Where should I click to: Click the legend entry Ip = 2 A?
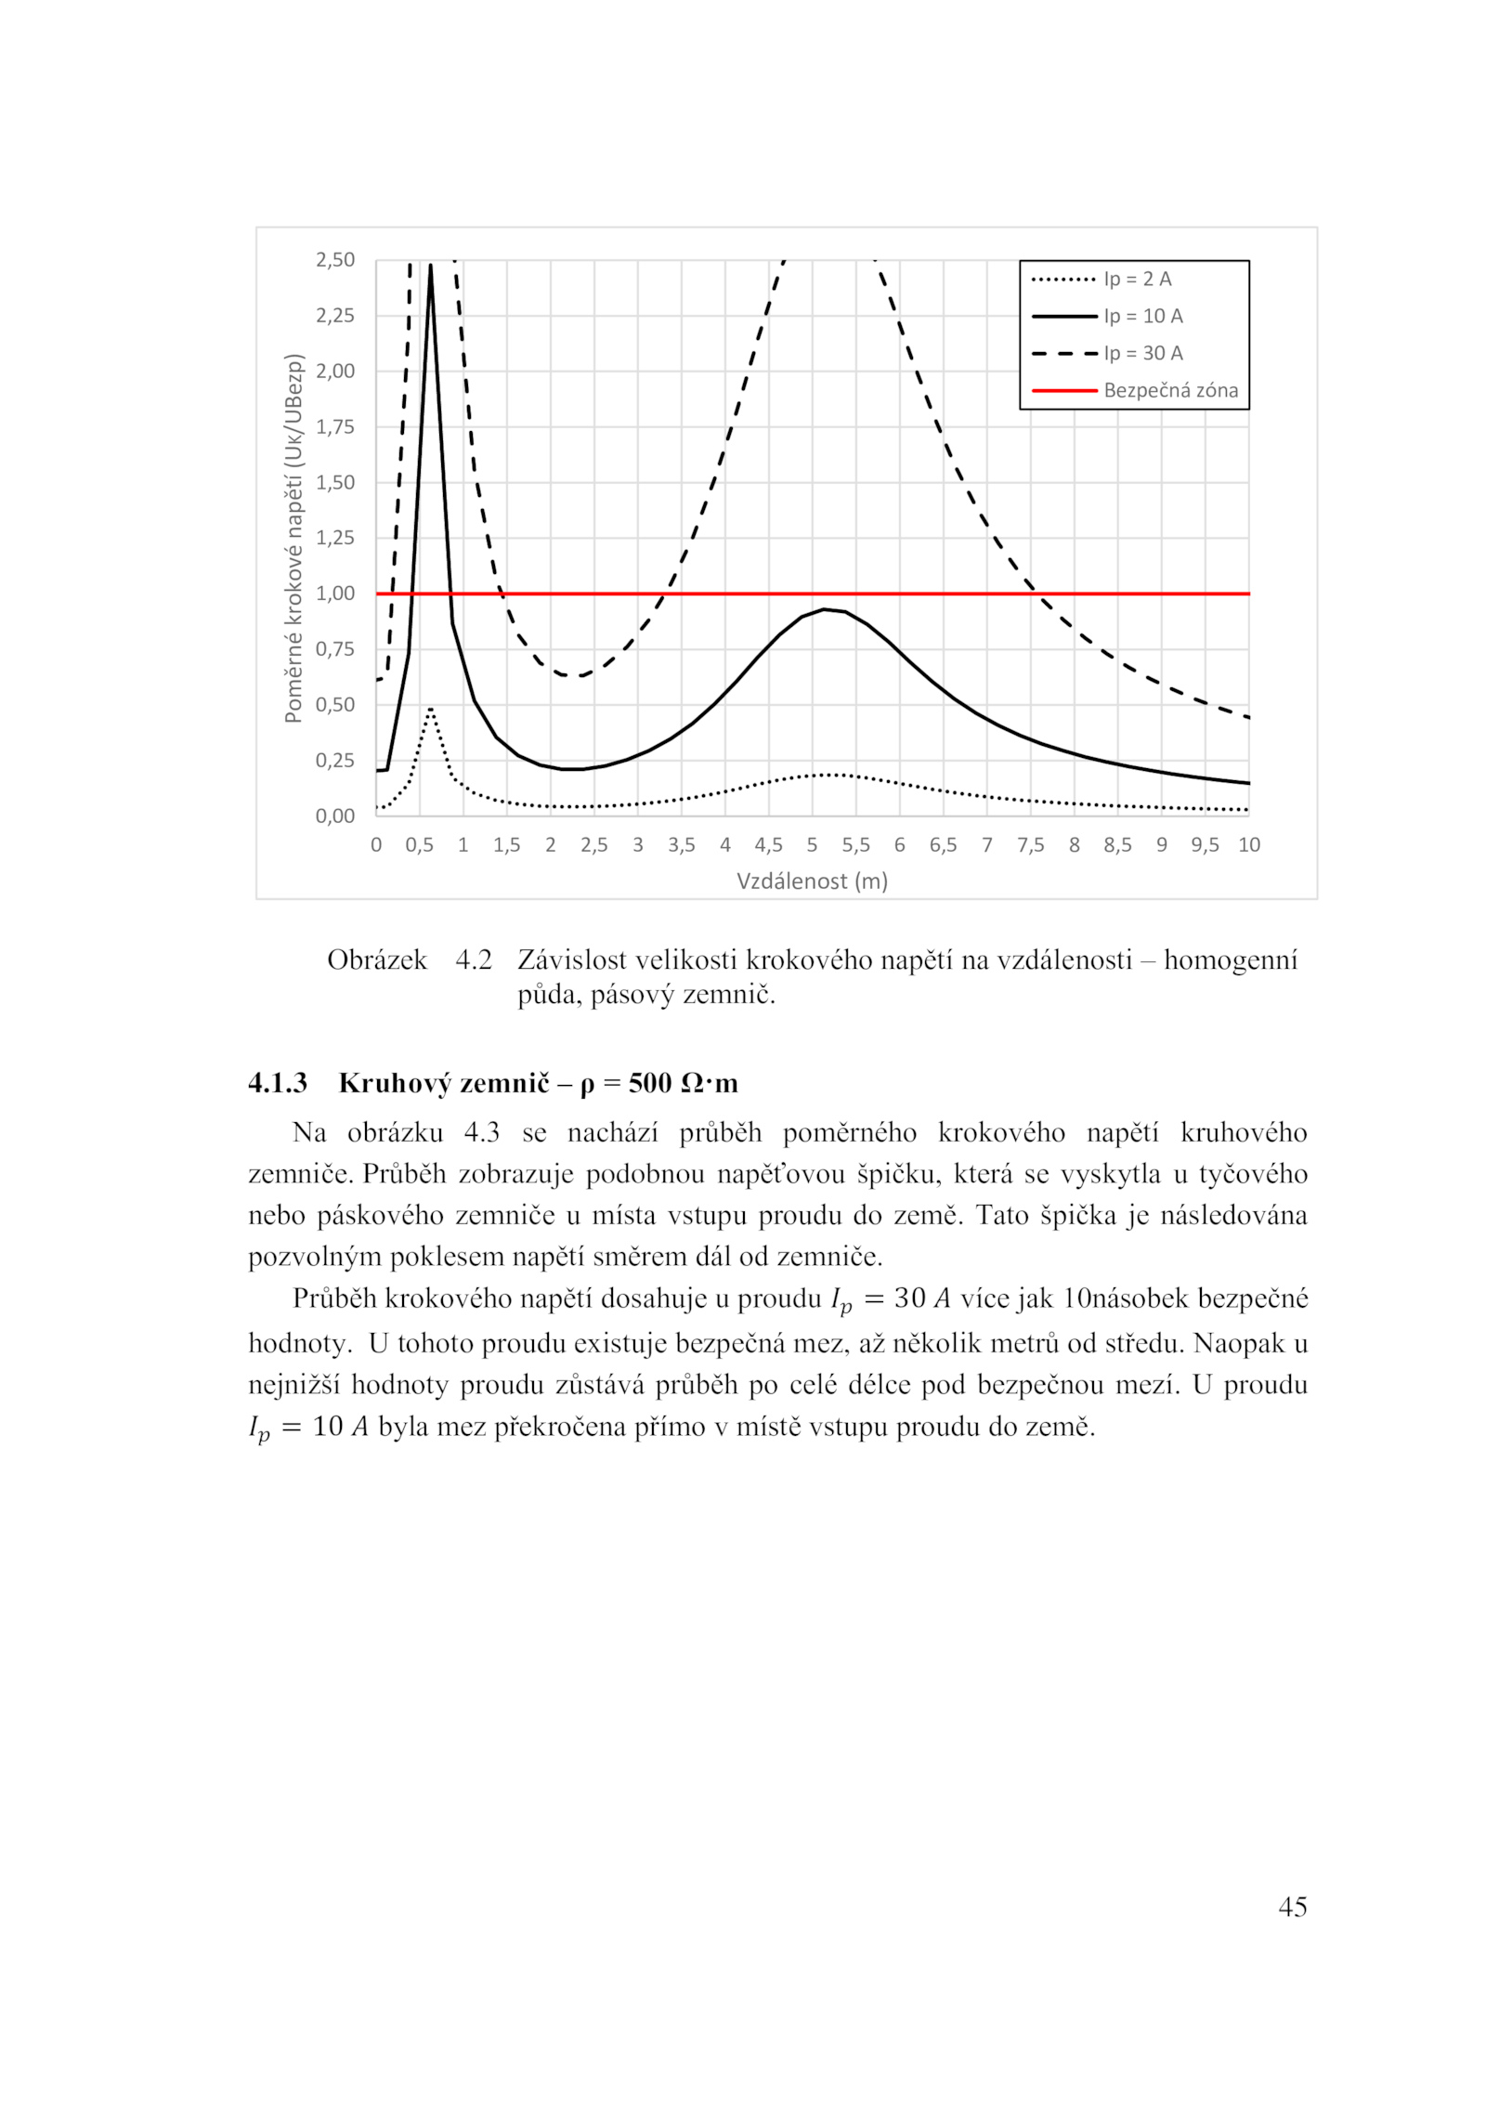point(1137,279)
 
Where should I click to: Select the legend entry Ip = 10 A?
point(1142,316)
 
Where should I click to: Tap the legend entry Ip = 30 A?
point(1142,353)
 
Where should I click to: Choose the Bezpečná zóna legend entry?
point(1170,390)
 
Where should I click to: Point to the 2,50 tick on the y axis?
point(335,260)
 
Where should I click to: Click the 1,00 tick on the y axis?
point(335,594)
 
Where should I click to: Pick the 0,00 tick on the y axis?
point(335,816)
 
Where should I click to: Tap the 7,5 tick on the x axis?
point(1030,845)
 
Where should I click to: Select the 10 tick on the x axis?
point(1249,845)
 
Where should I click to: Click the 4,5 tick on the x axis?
point(768,845)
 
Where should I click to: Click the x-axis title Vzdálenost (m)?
point(812,881)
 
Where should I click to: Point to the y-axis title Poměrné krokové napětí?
point(293,538)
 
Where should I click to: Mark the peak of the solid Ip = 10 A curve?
point(430,265)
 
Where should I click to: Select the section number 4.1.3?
point(277,1083)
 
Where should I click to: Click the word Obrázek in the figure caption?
point(376,959)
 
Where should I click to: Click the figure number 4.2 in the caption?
point(473,959)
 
